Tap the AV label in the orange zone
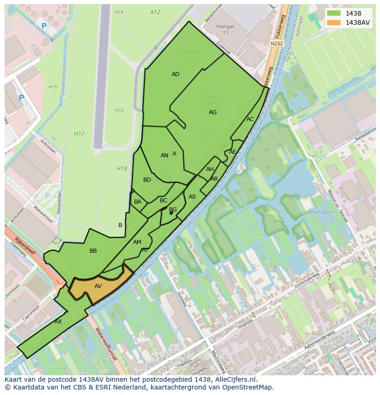tap(98, 286)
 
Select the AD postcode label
tap(175, 74)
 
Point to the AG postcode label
tap(212, 112)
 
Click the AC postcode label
tap(250, 119)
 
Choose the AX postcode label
tap(58, 322)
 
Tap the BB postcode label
tap(93, 251)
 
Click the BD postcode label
tap(147, 180)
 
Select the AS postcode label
tap(192, 197)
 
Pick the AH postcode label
tap(210, 169)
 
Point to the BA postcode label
tap(138, 202)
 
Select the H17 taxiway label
tap(79, 134)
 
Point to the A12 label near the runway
tap(155, 12)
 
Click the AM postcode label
tap(137, 242)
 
